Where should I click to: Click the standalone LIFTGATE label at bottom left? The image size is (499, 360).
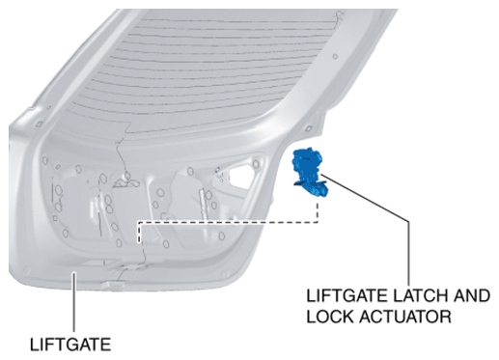[x=70, y=345]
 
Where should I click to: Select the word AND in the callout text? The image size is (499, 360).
[x=472, y=295]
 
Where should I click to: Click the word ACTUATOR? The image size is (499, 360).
[x=405, y=317]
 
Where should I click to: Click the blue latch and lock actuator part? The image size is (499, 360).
[x=310, y=172]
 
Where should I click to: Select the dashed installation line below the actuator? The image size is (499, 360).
[x=229, y=222]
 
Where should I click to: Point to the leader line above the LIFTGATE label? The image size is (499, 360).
[x=74, y=302]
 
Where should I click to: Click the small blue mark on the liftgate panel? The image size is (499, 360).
[x=218, y=169]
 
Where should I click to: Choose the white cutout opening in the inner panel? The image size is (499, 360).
[x=241, y=177]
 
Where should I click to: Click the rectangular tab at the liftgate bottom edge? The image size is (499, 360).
[x=113, y=284]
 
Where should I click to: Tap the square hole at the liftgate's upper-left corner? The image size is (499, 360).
[x=39, y=125]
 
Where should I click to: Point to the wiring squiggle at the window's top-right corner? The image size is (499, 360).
[x=338, y=16]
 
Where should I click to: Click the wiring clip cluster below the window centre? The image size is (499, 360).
[x=126, y=181]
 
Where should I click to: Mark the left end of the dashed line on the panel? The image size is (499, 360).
[x=139, y=242]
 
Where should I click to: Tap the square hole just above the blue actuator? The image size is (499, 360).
[x=308, y=128]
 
